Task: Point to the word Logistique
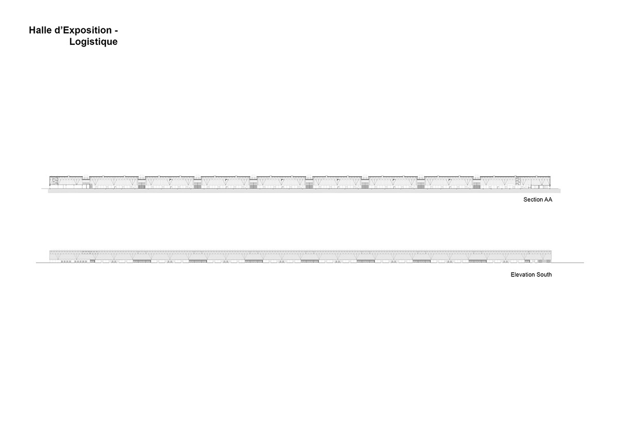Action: (x=94, y=42)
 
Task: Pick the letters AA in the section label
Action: (x=548, y=199)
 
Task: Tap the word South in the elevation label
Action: (x=544, y=274)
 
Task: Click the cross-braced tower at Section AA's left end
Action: (x=54, y=181)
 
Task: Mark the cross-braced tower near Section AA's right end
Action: (x=518, y=181)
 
